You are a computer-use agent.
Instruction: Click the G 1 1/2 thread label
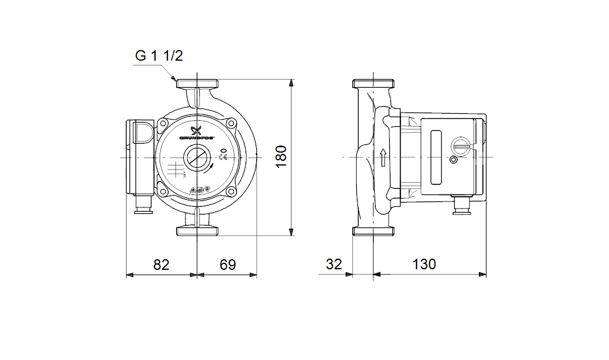click(x=159, y=56)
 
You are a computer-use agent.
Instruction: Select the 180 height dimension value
click(x=282, y=157)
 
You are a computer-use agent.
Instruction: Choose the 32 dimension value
click(x=333, y=265)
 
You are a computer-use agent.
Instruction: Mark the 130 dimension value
click(x=424, y=265)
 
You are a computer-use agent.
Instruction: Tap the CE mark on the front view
click(x=223, y=157)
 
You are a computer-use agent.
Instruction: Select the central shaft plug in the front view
click(x=197, y=158)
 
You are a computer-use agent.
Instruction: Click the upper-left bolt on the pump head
click(x=163, y=124)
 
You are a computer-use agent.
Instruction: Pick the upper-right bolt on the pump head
click(x=231, y=124)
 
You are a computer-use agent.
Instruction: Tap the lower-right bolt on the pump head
click(x=231, y=191)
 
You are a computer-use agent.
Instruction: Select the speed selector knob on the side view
click(x=460, y=145)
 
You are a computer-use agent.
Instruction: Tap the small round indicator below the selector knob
click(x=453, y=160)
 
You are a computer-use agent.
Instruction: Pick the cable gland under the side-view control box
click(x=461, y=207)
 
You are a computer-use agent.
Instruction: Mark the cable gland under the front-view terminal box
click(x=143, y=206)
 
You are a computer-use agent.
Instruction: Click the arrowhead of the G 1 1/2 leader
click(x=174, y=78)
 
